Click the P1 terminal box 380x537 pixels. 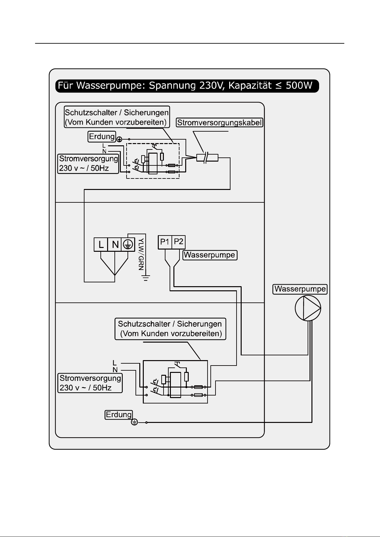click(165, 242)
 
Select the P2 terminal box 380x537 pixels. click(179, 242)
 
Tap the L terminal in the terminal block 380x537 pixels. click(101, 244)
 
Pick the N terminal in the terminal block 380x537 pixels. click(114, 244)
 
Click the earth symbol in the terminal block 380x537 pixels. click(128, 244)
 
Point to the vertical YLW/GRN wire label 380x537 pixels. click(141, 254)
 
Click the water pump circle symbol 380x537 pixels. click(308, 308)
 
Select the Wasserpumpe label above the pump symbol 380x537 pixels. click(300, 289)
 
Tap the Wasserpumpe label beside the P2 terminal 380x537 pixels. click(210, 255)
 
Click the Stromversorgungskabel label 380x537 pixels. click(219, 122)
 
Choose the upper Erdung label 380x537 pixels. click(102, 136)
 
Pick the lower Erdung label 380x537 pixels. click(119, 415)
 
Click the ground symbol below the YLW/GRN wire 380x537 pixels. click(145, 278)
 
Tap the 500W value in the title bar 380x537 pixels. click(299, 86)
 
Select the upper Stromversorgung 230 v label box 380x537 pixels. click(88, 164)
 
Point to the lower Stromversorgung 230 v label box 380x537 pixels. click(90, 383)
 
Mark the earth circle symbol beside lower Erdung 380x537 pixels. click(135, 422)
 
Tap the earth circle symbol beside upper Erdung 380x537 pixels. click(119, 139)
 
